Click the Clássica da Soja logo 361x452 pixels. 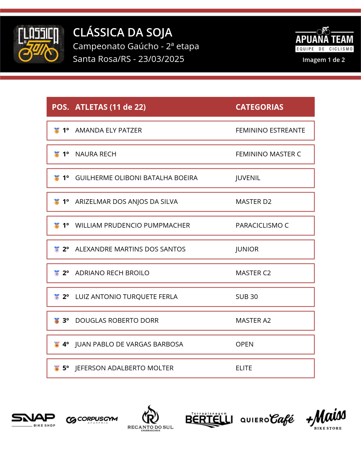point(39,44)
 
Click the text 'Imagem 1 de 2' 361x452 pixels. point(324,60)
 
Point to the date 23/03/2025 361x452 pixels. point(161,59)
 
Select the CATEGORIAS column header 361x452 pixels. point(259,107)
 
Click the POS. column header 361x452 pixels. point(60,107)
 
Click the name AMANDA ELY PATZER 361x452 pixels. point(108,130)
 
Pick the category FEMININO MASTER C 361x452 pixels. point(268,154)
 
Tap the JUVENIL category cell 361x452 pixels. point(248,178)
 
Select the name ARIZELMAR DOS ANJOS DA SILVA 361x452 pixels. point(126,202)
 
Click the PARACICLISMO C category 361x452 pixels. point(262,225)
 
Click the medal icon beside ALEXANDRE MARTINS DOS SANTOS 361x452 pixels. point(57,249)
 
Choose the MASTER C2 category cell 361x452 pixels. point(253,273)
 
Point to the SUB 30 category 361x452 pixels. point(247,297)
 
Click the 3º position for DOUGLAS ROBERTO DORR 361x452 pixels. point(66,320)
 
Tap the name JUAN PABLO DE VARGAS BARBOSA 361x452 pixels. point(129,344)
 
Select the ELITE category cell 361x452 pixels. point(244,368)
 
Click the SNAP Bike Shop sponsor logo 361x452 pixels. point(33,420)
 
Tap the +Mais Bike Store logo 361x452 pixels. point(326,419)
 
